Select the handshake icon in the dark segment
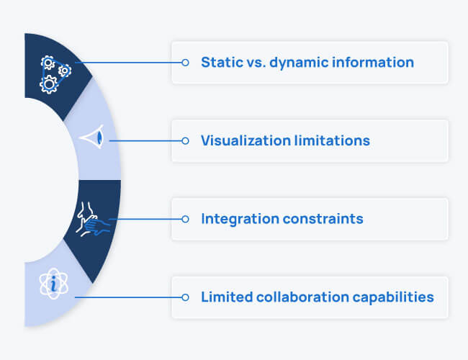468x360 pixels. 92,217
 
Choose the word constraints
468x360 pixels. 325,218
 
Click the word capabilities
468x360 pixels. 395,297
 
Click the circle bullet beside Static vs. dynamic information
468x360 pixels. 185,63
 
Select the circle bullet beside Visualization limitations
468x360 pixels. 185,140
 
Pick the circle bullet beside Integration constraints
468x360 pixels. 185,218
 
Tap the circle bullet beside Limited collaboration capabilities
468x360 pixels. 185,297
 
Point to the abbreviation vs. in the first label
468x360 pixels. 253,63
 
